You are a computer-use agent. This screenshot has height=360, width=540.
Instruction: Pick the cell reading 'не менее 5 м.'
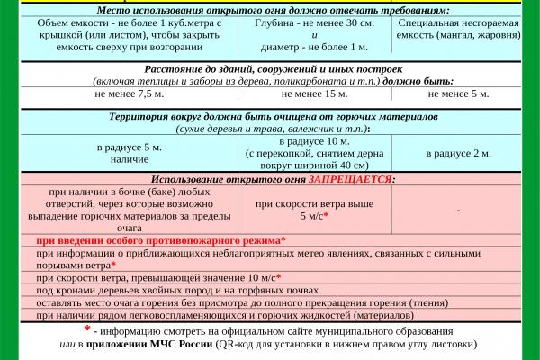(459, 93)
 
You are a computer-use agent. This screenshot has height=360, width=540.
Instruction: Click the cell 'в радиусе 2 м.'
(459, 153)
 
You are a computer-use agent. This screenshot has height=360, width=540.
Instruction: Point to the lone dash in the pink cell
(459, 211)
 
